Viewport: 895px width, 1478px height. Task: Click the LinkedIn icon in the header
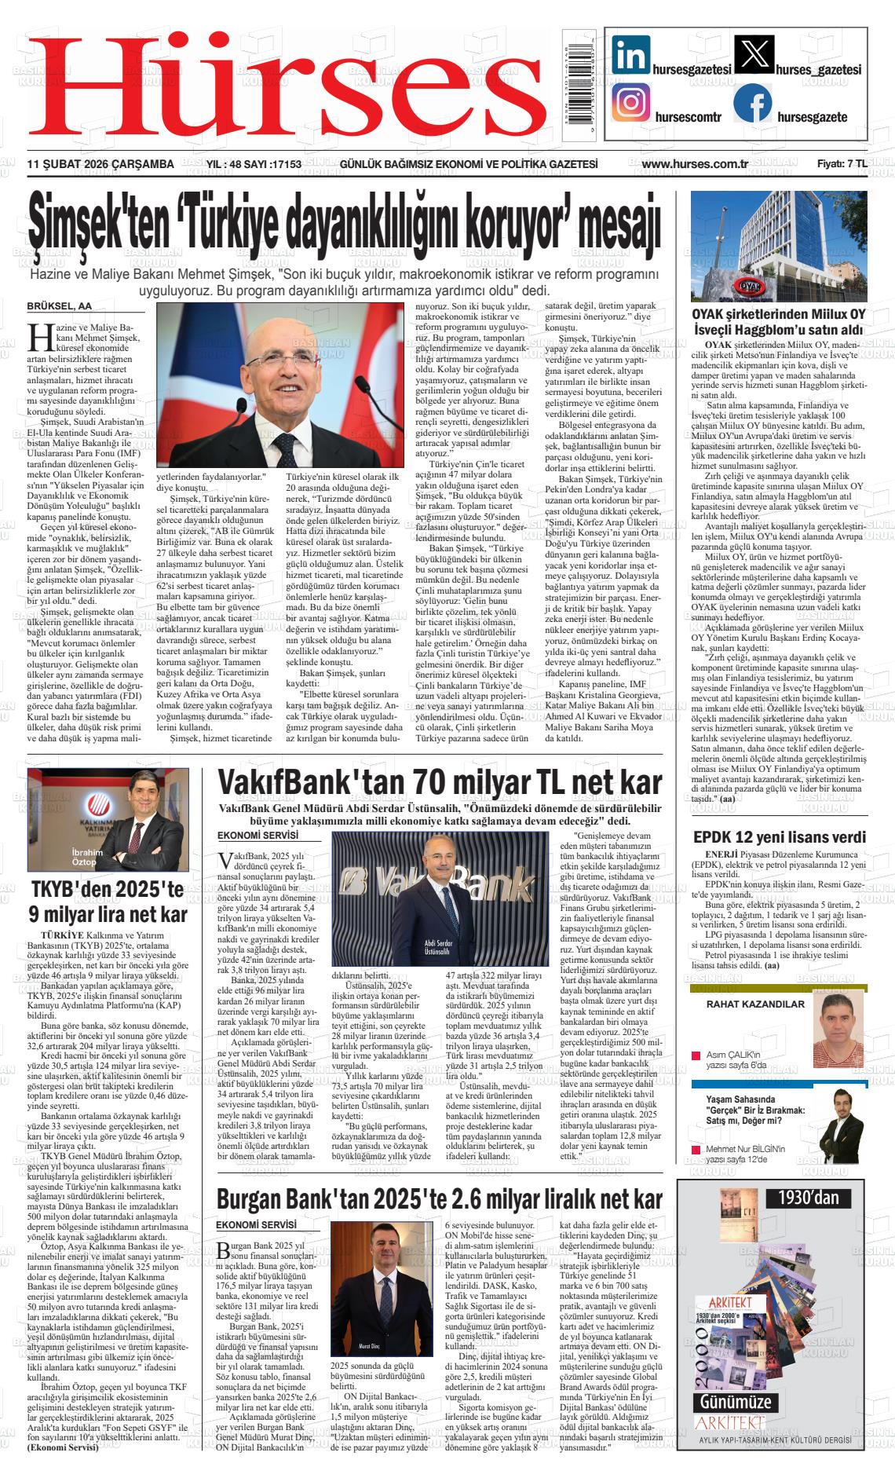click(x=630, y=56)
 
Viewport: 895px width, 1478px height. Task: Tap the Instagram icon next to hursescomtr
click(x=630, y=104)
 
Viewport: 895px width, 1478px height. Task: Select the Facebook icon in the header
click(x=752, y=104)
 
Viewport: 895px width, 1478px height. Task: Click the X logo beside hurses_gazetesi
click(x=752, y=56)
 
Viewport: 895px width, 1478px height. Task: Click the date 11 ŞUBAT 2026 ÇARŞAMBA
click(x=100, y=164)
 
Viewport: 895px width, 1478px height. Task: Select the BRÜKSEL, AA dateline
click(x=60, y=306)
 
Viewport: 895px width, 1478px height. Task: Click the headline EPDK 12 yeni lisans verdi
click(x=780, y=836)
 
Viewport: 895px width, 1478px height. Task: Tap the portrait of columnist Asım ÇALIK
click(x=838, y=1028)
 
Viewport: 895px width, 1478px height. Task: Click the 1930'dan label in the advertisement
click(x=809, y=1198)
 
